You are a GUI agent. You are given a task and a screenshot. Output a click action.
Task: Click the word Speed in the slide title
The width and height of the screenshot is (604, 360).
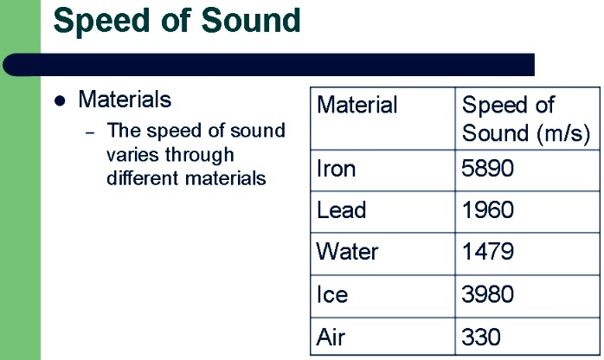101,21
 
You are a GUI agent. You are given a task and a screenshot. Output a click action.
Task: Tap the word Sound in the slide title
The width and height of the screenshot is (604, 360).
251,19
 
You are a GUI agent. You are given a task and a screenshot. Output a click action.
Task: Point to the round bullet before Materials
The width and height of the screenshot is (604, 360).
60,101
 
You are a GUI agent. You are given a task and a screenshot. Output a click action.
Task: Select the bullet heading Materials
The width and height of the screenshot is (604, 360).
125,100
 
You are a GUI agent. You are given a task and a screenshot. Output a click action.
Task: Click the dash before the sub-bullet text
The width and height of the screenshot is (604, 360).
90,133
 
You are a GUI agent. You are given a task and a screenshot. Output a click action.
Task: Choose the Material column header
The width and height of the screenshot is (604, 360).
357,105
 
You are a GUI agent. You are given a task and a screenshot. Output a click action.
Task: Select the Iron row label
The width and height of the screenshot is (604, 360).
336,169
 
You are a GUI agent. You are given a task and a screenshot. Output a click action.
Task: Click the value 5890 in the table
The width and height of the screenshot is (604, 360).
487,168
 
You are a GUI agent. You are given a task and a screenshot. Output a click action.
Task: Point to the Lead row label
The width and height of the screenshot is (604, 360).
341,210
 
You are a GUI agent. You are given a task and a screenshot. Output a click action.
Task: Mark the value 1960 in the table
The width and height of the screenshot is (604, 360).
488,210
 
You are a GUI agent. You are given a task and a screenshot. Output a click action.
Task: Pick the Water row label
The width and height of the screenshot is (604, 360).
347,252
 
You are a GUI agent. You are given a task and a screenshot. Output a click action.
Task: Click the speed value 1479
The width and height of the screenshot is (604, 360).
488,252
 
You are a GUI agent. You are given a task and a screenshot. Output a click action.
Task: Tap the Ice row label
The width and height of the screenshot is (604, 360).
332,294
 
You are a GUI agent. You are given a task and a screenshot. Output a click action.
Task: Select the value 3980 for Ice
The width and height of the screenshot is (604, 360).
488,294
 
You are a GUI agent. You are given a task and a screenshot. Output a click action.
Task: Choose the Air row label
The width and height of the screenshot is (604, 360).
331,337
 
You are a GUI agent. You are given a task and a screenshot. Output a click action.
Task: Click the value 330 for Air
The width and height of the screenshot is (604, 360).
481,337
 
